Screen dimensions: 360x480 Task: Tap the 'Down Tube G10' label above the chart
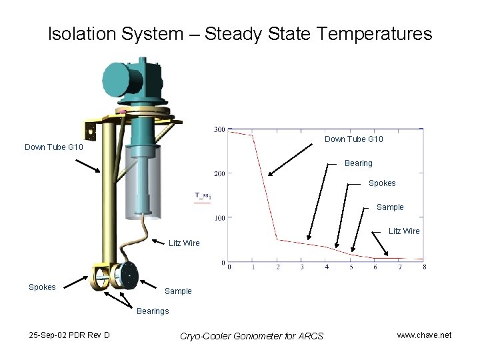coord(353,139)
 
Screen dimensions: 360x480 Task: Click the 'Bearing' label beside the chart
coord(358,163)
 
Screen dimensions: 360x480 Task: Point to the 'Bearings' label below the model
coord(153,311)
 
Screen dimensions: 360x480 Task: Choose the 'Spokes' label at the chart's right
coord(381,183)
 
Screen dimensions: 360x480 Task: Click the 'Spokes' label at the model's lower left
coord(41,287)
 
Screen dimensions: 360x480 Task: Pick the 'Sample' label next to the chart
coord(390,207)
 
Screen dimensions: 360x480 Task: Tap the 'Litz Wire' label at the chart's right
coord(405,231)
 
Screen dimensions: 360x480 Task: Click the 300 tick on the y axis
coord(219,129)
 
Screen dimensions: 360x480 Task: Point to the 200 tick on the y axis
coord(219,173)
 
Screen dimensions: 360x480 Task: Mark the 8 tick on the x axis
coord(424,267)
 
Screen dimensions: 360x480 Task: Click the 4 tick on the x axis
coord(327,267)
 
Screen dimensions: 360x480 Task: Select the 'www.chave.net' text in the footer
coord(424,335)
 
